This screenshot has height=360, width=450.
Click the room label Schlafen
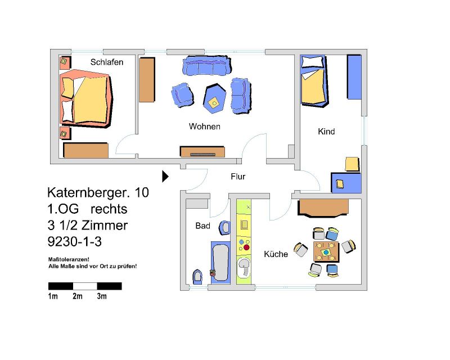click(x=107, y=62)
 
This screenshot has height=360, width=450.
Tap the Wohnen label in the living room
click(x=205, y=127)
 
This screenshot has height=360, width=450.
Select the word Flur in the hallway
click(x=238, y=176)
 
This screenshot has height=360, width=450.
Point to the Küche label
click(x=276, y=254)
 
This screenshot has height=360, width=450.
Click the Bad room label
click(x=203, y=226)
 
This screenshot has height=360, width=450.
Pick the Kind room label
click(x=326, y=132)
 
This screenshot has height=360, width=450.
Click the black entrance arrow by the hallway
click(x=165, y=176)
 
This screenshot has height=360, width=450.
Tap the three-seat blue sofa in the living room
click(x=206, y=65)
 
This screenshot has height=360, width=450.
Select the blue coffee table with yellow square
click(x=214, y=98)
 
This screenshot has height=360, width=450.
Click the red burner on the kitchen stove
click(x=246, y=247)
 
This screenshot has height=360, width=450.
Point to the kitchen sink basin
click(x=244, y=267)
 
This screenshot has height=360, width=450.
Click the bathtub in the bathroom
click(x=220, y=262)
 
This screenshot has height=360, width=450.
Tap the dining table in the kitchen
click(x=326, y=252)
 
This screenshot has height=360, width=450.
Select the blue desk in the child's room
click(x=346, y=183)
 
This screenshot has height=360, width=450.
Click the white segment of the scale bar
click(x=85, y=286)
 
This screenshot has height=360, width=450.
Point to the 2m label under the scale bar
click(x=78, y=296)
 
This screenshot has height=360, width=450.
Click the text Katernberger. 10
click(x=98, y=192)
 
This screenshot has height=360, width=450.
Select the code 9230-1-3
click(x=75, y=242)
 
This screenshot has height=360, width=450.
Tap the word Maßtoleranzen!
click(x=69, y=259)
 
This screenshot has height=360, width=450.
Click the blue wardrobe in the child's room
click(x=354, y=77)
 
